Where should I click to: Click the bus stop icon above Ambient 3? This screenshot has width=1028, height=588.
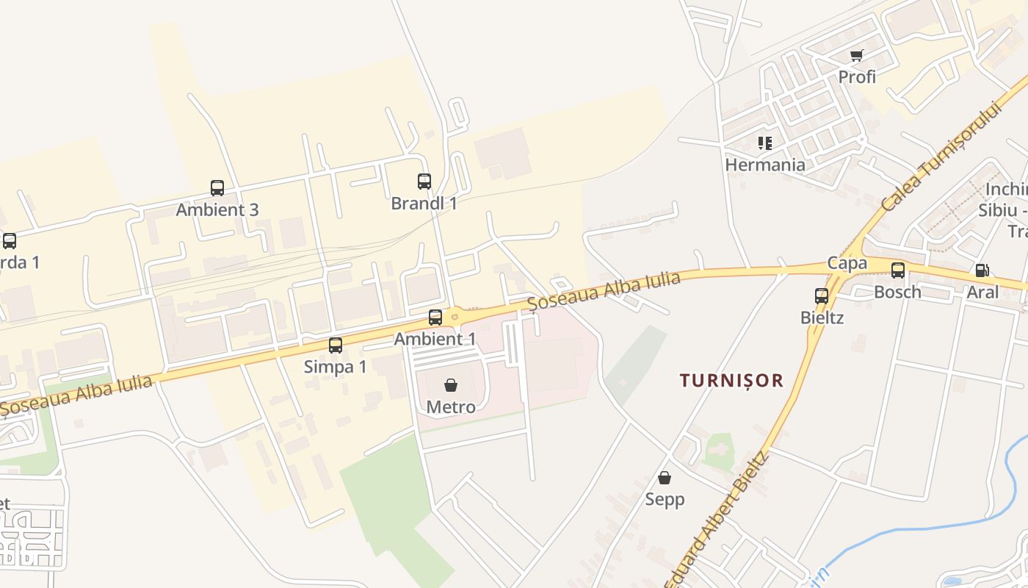coord(217,188)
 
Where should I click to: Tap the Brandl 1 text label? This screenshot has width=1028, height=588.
coord(424,204)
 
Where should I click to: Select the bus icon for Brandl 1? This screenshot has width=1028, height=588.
coord(424,182)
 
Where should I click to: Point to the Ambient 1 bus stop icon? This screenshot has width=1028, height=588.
coord(435,318)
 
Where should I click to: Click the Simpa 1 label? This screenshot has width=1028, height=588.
coord(335,367)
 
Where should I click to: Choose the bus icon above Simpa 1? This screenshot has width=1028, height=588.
coord(336,345)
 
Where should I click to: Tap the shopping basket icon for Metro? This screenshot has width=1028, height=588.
coord(451,385)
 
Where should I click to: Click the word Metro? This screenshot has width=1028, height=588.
coord(451,406)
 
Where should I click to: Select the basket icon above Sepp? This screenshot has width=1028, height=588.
coord(665,478)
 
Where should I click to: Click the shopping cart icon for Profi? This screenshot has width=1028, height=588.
coord(857,55)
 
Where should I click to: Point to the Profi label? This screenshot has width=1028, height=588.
coord(857,76)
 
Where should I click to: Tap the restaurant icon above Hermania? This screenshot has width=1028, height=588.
coord(765,143)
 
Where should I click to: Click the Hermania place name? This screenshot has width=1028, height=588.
coord(765,165)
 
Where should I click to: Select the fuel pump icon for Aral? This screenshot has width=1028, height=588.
coord(982,270)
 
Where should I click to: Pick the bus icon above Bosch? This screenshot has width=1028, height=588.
coord(898,270)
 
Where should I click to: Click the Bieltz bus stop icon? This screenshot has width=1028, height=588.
coord(822,296)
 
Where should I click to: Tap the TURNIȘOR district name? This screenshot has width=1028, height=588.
coord(731,381)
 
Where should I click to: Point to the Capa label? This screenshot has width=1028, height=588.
coord(847,263)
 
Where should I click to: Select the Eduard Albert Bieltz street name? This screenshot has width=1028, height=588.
coord(717,522)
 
